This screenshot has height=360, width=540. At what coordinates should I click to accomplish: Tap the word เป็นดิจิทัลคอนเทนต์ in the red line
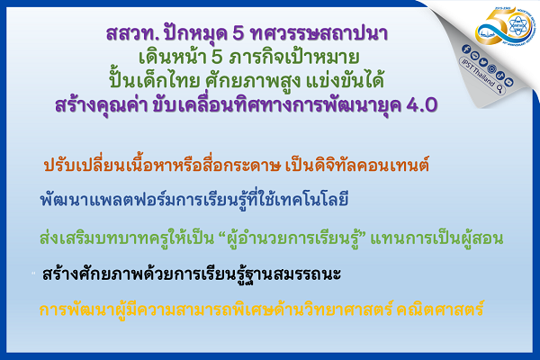point(328,166)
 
